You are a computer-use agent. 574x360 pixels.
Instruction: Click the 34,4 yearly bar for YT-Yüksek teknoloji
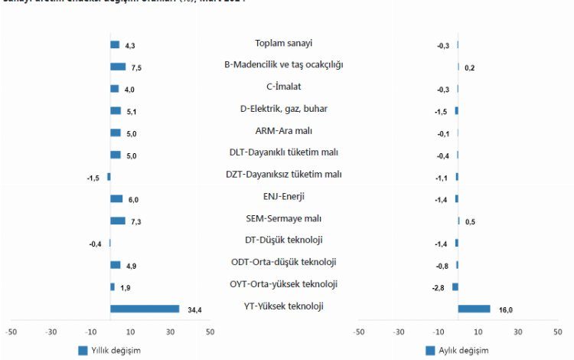click(145, 309)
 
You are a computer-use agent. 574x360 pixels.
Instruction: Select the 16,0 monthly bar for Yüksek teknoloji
click(474, 309)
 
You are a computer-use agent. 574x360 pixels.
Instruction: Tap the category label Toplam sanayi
click(283, 44)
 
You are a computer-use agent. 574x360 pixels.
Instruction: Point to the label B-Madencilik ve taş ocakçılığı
click(283, 65)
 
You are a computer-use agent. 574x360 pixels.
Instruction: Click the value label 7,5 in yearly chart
click(136, 68)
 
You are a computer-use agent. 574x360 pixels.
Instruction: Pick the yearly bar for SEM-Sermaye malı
click(118, 221)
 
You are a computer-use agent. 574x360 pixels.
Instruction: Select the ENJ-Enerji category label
click(283, 196)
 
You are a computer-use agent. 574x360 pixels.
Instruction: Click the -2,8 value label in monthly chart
click(439, 287)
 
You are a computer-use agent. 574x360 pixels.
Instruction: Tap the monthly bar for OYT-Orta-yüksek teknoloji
click(455, 286)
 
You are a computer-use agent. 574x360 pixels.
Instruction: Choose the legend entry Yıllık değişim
click(110, 350)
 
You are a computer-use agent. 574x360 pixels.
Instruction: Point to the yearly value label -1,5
click(94, 178)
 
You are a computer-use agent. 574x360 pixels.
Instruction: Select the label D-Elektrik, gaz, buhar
click(283, 109)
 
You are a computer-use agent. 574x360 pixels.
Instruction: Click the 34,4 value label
click(194, 310)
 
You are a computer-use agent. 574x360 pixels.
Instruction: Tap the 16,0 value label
click(505, 310)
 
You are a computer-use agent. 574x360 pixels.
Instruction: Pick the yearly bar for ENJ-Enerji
click(116, 199)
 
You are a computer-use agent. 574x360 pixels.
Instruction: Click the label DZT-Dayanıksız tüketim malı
click(283, 175)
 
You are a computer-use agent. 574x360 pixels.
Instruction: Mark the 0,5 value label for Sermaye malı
click(470, 222)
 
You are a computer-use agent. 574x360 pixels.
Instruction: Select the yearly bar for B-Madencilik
click(118, 67)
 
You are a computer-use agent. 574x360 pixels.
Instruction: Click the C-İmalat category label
click(283, 87)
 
